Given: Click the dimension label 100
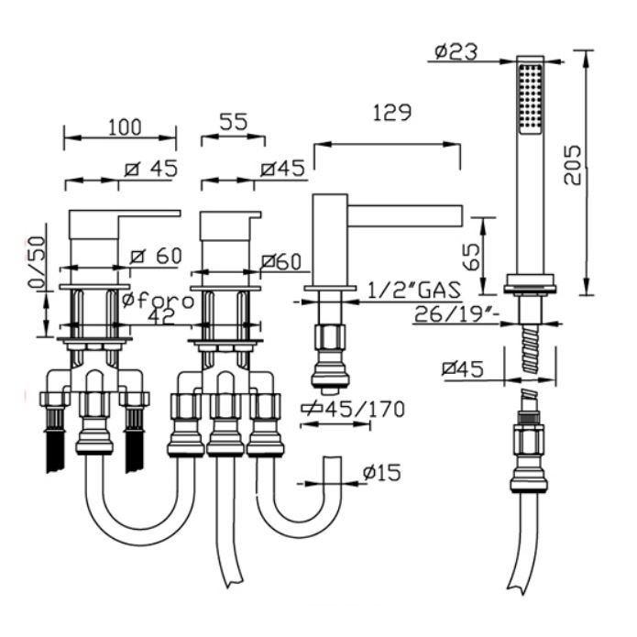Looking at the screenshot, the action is point(125,127).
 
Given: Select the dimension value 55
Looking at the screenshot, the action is point(233,122).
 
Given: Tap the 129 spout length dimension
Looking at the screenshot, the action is point(392,113).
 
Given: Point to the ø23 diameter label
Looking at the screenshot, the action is point(456,52).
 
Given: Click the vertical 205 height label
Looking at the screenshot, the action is point(573,165).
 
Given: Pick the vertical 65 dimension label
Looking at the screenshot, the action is point(472,257).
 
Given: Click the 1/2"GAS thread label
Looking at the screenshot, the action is point(414,290).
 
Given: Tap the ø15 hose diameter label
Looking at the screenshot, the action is point(382,472).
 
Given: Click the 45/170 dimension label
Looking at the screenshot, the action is point(354,409).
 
